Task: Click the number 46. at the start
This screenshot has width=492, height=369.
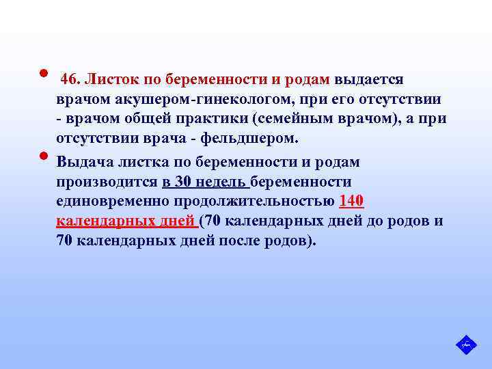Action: pos(71,80)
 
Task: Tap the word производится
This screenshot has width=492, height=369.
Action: pos(108,182)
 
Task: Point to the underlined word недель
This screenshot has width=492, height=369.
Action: pos(223,182)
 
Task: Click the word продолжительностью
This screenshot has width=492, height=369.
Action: pos(265,202)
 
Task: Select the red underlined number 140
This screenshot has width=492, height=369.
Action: pos(352,202)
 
